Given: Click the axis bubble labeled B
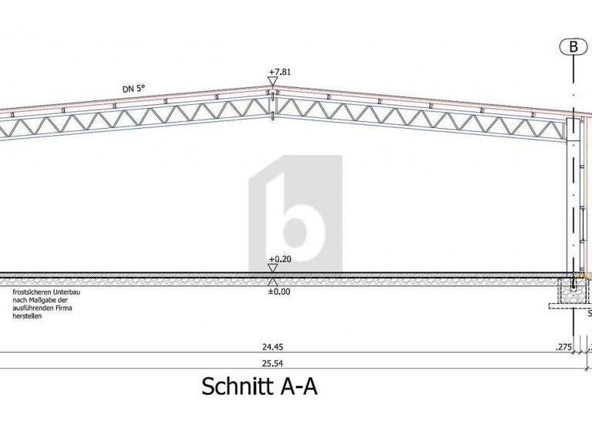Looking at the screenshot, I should click(x=573, y=46).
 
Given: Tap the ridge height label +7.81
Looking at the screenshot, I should click(x=279, y=73).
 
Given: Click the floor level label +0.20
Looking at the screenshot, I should click(x=279, y=259).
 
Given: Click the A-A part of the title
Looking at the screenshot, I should click(x=297, y=386).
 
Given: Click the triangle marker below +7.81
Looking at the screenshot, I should click(x=273, y=82).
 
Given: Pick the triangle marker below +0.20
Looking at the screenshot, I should click(x=273, y=268).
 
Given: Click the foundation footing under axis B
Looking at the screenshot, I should click(x=572, y=294).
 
